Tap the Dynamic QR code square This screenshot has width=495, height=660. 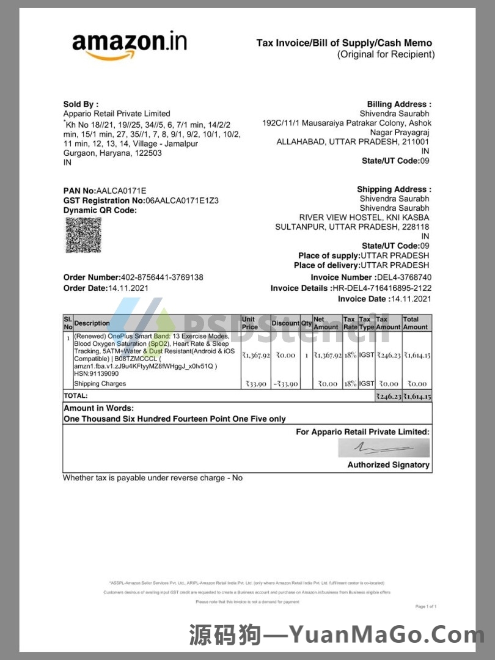coord(83,235)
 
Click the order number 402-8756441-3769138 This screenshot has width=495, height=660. coord(163,277)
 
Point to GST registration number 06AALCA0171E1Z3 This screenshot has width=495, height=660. coord(182,200)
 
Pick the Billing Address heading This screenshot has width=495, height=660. coord(399,105)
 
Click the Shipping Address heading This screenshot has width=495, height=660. coord(394,189)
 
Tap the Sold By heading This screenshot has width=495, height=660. coord(81,105)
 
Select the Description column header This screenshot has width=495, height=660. coord(92,323)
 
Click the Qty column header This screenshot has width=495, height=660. coord(306,323)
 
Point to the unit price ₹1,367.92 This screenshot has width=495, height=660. coord(256,355)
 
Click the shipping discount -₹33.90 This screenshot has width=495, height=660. coord(285,384)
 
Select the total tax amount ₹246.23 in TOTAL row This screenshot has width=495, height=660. coord(388,396)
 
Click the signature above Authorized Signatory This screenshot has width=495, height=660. coord(384,448)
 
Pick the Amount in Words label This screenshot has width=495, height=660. coord(98,408)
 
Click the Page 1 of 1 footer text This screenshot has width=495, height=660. coord(426,607)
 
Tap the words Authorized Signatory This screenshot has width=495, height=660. coord(389,465)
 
